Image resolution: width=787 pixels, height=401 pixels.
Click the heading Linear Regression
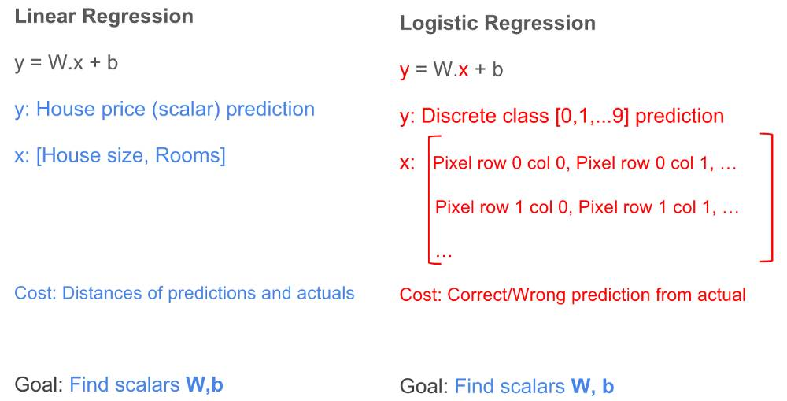104,17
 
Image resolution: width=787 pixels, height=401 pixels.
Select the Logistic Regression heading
497,24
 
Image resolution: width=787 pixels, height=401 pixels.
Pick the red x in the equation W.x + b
464,70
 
